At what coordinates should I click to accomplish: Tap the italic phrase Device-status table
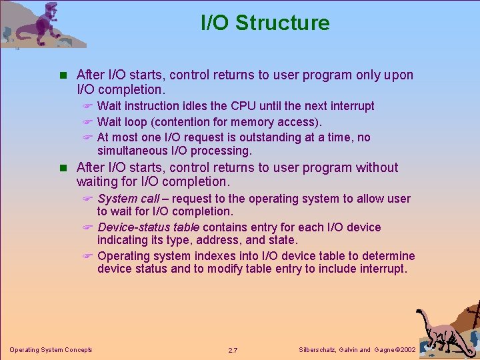(148, 227)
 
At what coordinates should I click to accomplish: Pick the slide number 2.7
(233, 350)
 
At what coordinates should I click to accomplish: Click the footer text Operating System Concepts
(51, 350)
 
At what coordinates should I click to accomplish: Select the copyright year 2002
(406, 350)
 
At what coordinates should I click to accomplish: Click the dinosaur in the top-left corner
(40, 25)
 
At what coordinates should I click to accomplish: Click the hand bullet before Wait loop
(86, 122)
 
